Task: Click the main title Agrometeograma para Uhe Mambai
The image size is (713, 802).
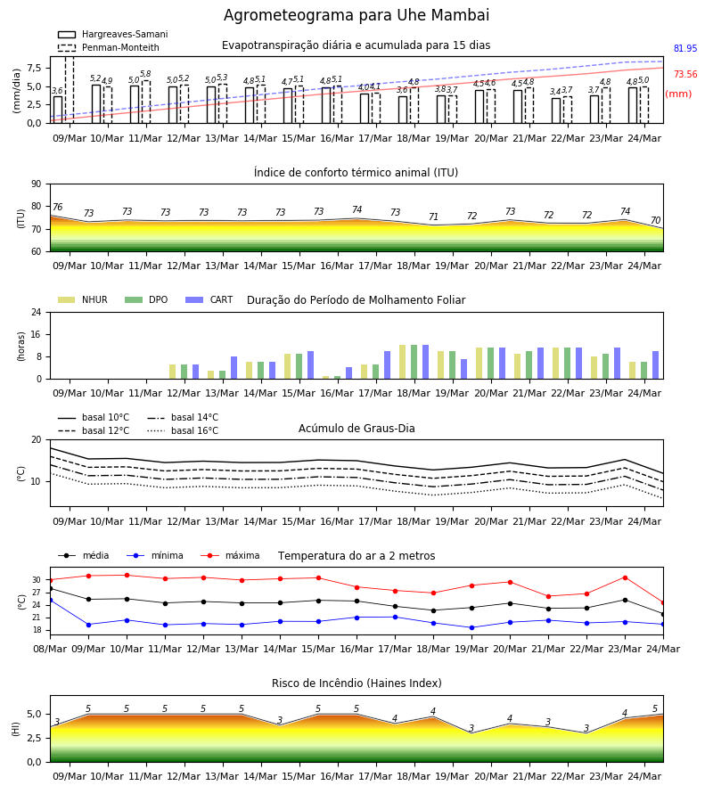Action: point(356,15)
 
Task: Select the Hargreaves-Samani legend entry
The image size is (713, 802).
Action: point(113,34)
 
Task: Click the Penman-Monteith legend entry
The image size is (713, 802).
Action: point(109,47)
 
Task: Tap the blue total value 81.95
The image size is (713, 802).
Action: point(685,49)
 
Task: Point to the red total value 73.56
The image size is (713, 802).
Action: point(685,74)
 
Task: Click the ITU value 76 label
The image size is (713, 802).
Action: point(57,207)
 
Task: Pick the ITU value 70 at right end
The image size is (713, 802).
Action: point(655,220)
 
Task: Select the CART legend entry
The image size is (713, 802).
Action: point(209,299)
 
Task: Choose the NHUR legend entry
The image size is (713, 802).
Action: point(83,299)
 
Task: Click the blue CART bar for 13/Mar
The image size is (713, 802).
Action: point(234,368)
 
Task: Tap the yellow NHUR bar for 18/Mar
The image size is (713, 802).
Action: point(403,362)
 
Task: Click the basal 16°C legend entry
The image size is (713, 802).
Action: point(183,430)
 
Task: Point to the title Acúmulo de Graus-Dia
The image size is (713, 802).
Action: point(356,429)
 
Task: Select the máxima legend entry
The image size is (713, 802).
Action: point(230,555)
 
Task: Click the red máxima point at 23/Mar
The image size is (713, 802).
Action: point(625,578)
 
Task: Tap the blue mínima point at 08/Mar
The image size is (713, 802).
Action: point(51,600)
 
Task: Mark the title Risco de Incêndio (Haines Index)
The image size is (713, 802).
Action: point(356,683)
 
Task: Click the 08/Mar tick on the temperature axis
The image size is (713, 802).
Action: point(50,649)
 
